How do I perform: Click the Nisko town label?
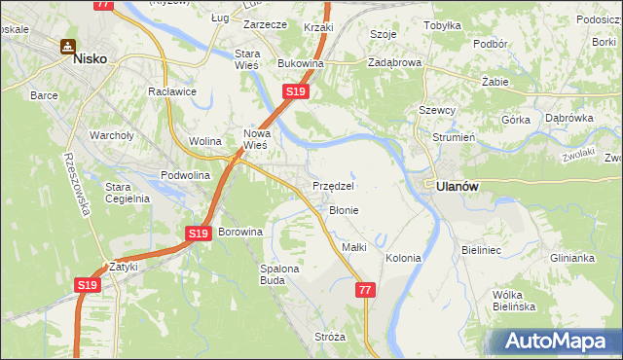[90, 58]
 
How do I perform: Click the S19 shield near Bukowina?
[296, 91]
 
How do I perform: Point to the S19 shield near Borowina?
[199, 234]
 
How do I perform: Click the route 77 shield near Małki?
[365, 290]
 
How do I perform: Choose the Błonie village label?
[344, 210]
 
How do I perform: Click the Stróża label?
[330, 337]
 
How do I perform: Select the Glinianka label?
[571, 258]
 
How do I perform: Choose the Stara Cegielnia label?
[127, 192]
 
